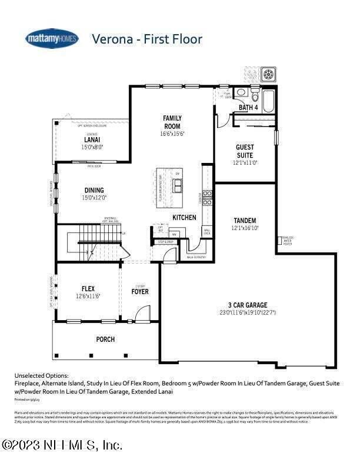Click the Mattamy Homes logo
point(52,38)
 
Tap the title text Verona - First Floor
point(146,39)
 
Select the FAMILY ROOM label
point(172,122)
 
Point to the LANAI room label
point(92,140)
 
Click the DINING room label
point(94,190)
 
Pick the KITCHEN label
point(184,218)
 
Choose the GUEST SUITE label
point(245,151)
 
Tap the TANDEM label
point(245,220)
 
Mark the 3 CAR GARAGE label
point(248,305)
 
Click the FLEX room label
point(88,288)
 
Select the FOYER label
point(140,291)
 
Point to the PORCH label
point(105,339)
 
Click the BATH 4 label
point(248,108)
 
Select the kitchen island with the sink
point(176,187)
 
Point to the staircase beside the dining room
point(95,241)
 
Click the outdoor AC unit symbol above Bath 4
point(269,75)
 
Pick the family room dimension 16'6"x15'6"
point(172,134)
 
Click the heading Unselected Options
point(41,375)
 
